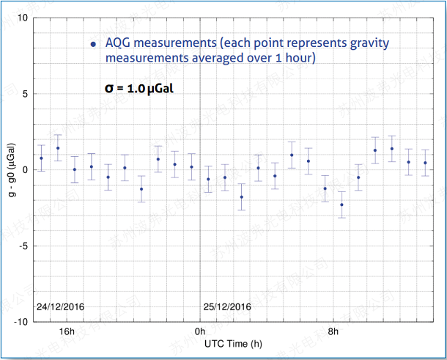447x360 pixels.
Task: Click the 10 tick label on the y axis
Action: coord(23,18)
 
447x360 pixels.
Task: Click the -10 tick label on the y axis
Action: coord(21,322)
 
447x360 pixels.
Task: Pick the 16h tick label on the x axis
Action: coord(67,332)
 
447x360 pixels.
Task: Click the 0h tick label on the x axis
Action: coord(199,332)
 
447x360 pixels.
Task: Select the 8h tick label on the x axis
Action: coord(333,332)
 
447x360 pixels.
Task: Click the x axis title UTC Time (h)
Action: coord(233,343)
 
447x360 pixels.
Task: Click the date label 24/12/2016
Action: coord(62,306)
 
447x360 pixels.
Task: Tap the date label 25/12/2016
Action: coord(227,306)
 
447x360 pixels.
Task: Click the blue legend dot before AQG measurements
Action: coord(93,44)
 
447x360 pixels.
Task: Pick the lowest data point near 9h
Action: coord(341,205)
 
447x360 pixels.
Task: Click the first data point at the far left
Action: coord(42,158)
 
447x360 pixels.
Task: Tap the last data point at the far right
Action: coord(425,163)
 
